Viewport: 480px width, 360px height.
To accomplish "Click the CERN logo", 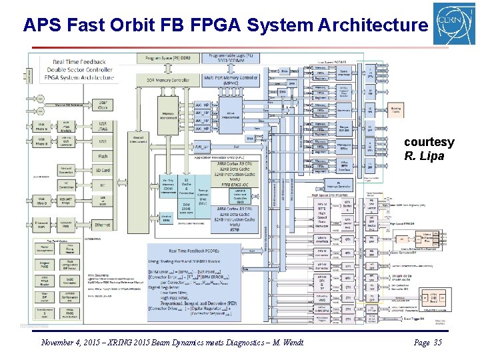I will [455, 24].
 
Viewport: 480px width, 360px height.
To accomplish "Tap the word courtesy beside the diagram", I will [429, 142].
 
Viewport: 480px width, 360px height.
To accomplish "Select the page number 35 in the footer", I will [437, 343].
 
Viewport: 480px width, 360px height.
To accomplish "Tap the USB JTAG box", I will [102, 126].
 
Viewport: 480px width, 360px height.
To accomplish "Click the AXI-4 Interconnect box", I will [230, 114].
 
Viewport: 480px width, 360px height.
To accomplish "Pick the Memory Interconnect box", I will [168, 116].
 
